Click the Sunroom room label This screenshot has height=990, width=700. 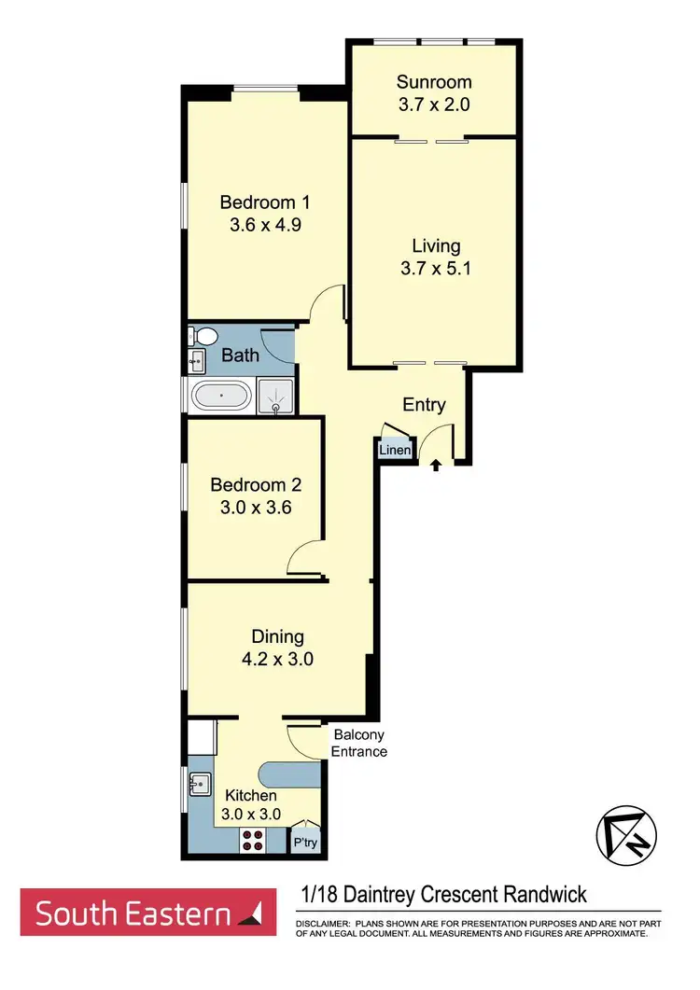click(x=432, y=81)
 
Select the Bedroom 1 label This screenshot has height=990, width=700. click(x=264, y=202)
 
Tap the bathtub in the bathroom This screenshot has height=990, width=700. click(x=221, y=397)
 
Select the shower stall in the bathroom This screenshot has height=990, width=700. click(x=275, y=397)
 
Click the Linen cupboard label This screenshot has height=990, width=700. click(x=394, y=451)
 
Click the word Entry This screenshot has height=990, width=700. click(x=424, y=405)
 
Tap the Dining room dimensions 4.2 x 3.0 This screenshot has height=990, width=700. click(x=277, y=659)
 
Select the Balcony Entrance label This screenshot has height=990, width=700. click(x=359, y=743)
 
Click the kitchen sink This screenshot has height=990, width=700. click(x=198, y=784)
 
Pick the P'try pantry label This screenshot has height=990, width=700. click(x=304, y=843)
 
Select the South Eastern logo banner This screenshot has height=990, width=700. click(x=148, y=913)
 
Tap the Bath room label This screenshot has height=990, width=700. click(x=240, y=355)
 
